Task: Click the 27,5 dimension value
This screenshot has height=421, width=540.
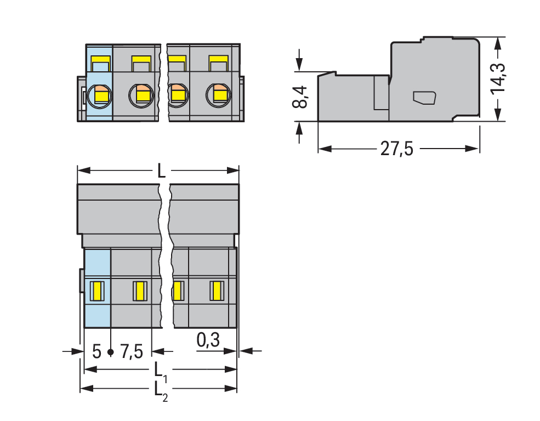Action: pos(396,149)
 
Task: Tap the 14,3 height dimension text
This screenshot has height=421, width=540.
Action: pos(498,79)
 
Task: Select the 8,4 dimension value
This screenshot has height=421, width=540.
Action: pos(300,97)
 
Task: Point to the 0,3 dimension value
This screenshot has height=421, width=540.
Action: pos(208,340)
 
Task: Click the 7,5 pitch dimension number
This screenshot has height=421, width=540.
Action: pos(132,352)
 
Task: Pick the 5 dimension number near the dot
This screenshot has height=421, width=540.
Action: pos(97,352)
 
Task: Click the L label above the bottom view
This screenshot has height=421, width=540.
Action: pos(161,170)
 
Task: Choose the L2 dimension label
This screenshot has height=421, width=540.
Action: pos(161,391)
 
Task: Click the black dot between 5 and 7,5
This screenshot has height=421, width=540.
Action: pos(111,352)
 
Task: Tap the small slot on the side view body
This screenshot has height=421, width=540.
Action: pos(424,98)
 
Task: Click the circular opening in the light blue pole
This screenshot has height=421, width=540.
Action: pos(99,96)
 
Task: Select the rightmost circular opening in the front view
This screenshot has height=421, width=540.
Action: pos(218,95)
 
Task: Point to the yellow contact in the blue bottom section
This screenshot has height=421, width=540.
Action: pos(97,291)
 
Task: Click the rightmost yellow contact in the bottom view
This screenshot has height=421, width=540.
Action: pos(217,291)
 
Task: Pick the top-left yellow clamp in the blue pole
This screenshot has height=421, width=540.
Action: pos(100,64)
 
